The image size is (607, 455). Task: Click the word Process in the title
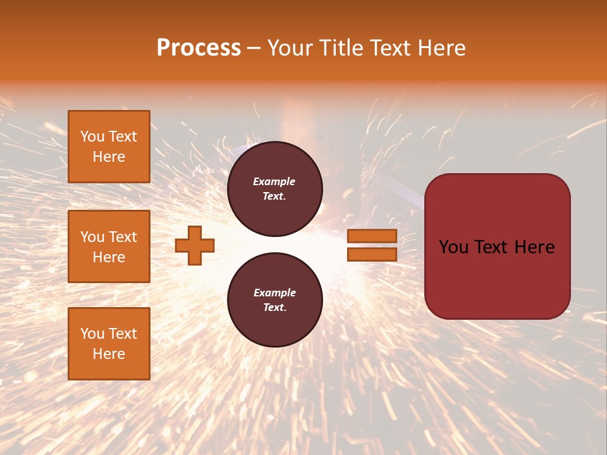pos(199,48)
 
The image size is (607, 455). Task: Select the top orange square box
pos(109,147)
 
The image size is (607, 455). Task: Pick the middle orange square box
pos(109,246)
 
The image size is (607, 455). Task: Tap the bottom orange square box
pos(109,344)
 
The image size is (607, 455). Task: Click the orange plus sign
pos(195,245)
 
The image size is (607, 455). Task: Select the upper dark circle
pos(274,189)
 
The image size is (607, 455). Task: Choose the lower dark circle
pos(274,300)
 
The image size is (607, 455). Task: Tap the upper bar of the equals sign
pos(372,236)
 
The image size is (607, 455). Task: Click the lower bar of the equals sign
pos(372,255)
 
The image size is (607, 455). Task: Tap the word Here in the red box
pos(535,247)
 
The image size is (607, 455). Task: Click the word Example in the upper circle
pos(274,182)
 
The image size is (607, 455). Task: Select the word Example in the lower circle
pos(274,293)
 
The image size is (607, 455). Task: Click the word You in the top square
pos(92,137)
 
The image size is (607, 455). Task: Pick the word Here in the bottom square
pos(109,355)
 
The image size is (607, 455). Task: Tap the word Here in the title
pos(441,48)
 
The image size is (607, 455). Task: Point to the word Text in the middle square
pos(123,237)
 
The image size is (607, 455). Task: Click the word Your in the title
pos(290,48)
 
